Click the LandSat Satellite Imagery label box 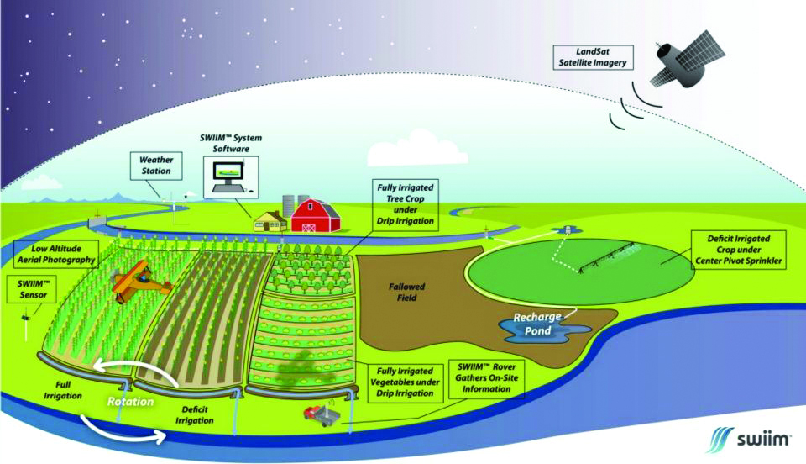coord(593,57)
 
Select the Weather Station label coord(156,166)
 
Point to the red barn coord(316,215)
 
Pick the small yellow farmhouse coord(270,222)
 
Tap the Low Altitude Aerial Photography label coord(55,254)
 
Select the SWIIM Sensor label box coord(34,289)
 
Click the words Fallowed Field coord(406,293)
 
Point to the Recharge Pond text coord(537,324)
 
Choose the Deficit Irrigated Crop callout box coord(739,250)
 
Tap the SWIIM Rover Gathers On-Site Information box coord(486,378)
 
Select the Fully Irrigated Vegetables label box coord(405,382)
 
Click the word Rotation coord(131,401)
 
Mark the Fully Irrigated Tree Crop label coord(406,204)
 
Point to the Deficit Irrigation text coord(194,414)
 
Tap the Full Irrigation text coord(63,390)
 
